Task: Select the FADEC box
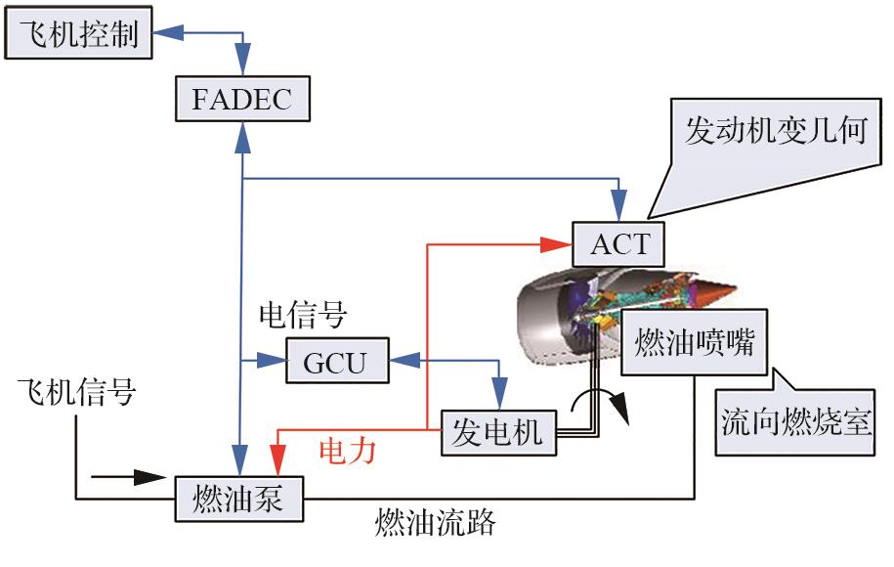(240, 99)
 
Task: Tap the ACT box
(619, 241)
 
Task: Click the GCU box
(336, 362)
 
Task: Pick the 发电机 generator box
(498, 431)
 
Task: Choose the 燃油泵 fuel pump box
(240, 500)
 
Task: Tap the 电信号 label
(302, 315)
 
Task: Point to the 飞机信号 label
(76, 392)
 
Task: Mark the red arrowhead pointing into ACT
(560, 240)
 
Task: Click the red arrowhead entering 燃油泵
(278, 462)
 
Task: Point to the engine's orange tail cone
(718, 290)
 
